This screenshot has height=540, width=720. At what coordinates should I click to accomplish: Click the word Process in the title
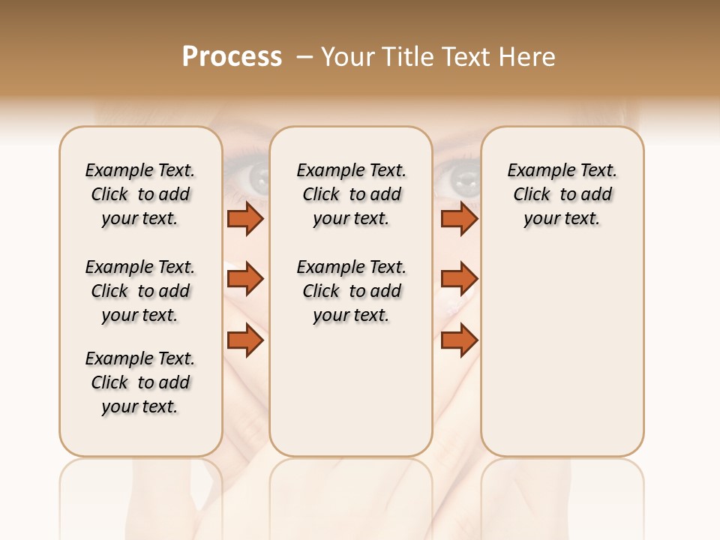pyautogui.click(x=232, y=57)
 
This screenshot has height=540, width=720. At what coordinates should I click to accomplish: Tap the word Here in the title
pyautogui.click(x=528, y=57)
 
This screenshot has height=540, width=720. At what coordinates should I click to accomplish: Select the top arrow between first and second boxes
pyautogui.click(x=245, y=219)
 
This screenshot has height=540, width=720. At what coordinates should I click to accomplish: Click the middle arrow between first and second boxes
pyautogui.click(x=245, y=279)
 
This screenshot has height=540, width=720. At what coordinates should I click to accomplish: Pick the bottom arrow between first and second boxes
pyautogui.click(x=245, y=340)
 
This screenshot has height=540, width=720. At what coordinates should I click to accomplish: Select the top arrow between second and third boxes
pyautogui.click(x=459, y=219)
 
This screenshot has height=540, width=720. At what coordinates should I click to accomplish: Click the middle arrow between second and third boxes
pyautogui.click(x=459, y=279)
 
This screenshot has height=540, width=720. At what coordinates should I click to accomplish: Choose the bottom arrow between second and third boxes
pyautogui.click(x=459, y=340)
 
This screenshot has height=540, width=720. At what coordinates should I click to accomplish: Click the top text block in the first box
pyautogui.click(x=140, y=194)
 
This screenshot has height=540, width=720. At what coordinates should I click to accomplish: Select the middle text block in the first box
pyautogui.click(x=140, y=291)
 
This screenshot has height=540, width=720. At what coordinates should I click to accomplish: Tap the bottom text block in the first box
pyautogui.click(x=140, y=382)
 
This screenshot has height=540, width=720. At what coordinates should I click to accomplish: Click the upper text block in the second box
pyautogui.click(x=351, y=194)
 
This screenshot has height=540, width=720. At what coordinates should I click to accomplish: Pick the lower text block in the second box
pyautogui.click(x=351, y=291)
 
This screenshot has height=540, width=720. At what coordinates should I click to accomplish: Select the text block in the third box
pyautogui.click(x=562, y=194)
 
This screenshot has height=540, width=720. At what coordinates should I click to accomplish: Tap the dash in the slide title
pyautogui.click(x=304, y=57)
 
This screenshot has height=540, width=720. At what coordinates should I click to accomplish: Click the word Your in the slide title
pyautogui.click(x=348, y=57)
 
